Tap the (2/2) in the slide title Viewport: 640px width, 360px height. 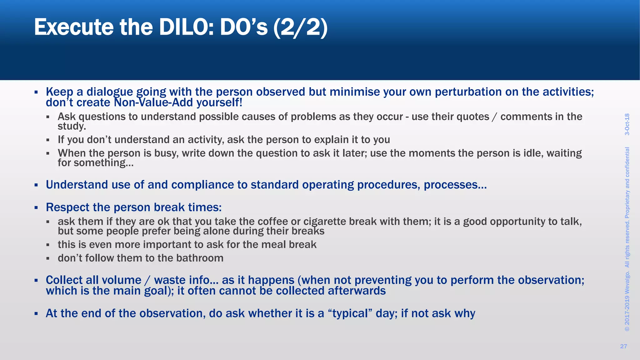pos(300,27)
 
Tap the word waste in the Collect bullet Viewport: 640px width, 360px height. pos(171,280)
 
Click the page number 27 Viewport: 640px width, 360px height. pos(623,346)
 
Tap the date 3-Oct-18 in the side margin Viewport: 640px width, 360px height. pos(627,124)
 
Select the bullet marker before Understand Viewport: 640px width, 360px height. pos(36,185)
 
